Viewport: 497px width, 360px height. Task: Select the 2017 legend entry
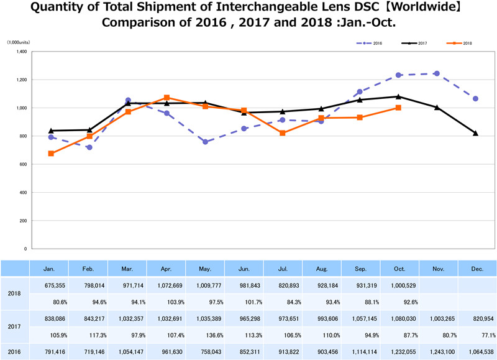[414, 43]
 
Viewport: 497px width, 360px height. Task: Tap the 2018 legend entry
[460, 43]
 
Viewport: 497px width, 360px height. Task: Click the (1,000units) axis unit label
[19, 42]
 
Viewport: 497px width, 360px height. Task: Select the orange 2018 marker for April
[166, 98]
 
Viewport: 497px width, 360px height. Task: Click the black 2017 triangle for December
[476, 133]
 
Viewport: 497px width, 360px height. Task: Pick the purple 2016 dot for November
[437, 73]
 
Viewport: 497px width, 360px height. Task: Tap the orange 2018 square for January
[50, 154]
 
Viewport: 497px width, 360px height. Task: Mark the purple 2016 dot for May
[205, 142]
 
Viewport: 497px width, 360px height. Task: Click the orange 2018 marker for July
[283, 133]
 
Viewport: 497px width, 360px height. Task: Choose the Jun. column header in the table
[244, 268]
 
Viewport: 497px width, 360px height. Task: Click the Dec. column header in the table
[477, 268]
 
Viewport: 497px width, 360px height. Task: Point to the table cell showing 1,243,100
[438, 352]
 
